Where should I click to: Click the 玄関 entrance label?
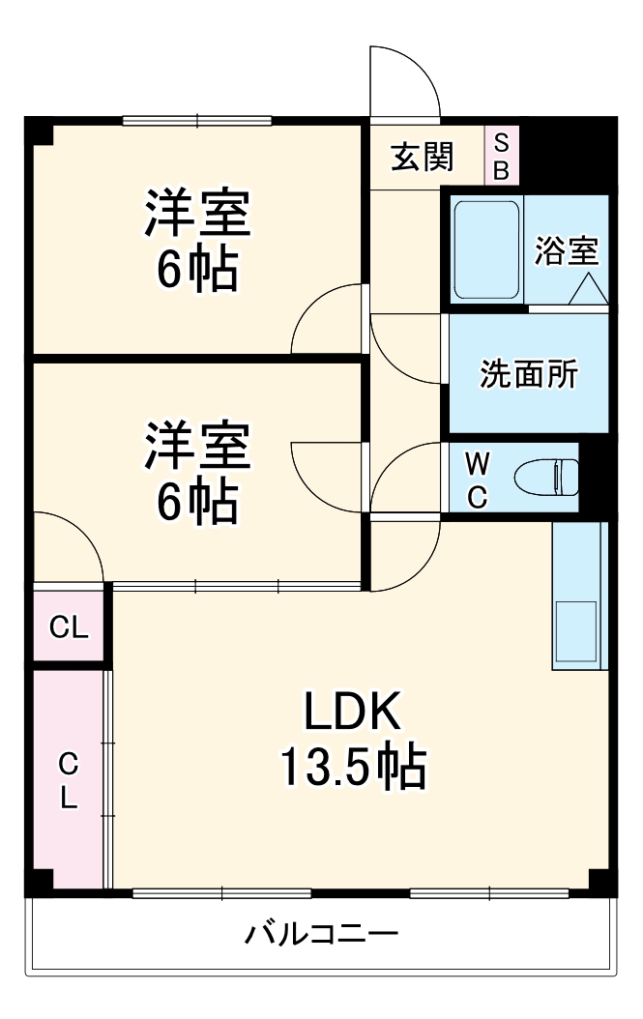422,156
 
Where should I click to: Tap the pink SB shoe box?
501,156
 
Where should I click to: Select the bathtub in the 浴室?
487,250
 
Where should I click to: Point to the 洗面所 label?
529,374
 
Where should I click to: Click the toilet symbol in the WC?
548,477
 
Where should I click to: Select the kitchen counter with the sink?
578,596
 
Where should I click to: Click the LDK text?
352,714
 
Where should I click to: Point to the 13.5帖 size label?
352,769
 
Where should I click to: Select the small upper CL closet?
69,627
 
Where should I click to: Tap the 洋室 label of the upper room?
198,214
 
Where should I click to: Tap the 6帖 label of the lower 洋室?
198,500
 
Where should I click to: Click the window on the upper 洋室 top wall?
197,121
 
